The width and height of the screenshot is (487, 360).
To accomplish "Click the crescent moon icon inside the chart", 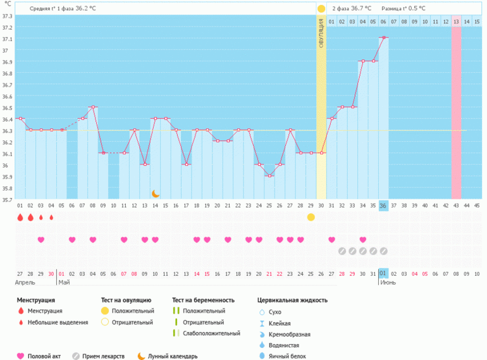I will [x=156, y=193].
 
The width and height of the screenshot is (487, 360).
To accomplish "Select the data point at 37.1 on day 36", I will [x=383, y=38].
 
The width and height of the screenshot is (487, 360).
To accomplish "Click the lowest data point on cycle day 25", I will [x=269, y=176].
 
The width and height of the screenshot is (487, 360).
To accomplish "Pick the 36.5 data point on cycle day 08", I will [x=93, y=107].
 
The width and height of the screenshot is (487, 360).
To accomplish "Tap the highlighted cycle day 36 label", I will [x=383, y=206].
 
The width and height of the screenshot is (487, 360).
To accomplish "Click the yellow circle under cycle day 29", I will [x=311, y=217].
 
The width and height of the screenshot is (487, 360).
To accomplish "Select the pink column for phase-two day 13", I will [x=455, y=108].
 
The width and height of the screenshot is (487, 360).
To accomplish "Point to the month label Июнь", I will [x=388, y=282].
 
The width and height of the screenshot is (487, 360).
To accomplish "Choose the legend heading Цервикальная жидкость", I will [x=292, y=300].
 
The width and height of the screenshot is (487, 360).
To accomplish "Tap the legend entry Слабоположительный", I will [x=211, y=333].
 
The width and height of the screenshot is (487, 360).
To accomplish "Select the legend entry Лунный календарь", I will [x=172, y=356].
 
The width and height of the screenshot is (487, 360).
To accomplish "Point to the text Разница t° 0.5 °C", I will [x=404, y=9].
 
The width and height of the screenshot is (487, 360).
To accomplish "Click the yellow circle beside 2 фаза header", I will [x=321, y=9].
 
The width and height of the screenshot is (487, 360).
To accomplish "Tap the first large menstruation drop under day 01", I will [x=20, y=217].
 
